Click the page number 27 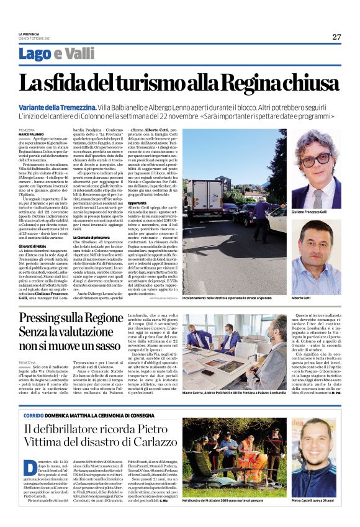336,37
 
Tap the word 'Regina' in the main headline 251,83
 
